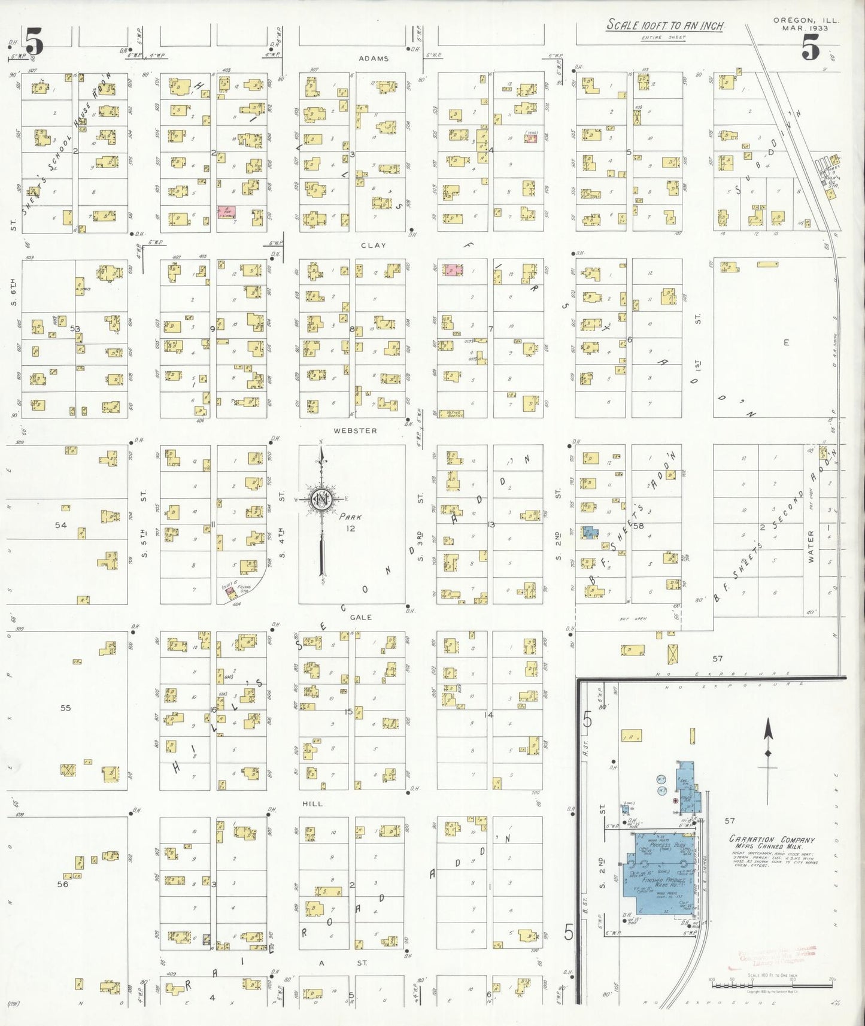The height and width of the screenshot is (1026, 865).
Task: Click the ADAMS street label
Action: [374, 59]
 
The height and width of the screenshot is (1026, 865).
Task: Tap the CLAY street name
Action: [373, 245]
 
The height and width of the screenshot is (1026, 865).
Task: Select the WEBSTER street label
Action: [356, 430]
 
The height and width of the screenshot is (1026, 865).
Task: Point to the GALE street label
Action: [361, 617]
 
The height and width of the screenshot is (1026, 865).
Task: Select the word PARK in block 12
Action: [350, 517]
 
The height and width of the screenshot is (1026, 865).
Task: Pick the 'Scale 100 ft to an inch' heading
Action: [665, 26]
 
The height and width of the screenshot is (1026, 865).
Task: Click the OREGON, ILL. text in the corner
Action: [806, 20]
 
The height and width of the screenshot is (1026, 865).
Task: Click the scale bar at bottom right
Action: [772, 979]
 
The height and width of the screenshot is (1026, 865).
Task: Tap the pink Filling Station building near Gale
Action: [230, 590]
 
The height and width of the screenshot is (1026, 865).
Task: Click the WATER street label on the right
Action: [812, 545]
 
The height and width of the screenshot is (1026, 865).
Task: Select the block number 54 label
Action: [60, 525]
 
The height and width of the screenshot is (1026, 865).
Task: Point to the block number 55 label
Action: [65, 708]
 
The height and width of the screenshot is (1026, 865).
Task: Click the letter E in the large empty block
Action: [787, 342]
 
